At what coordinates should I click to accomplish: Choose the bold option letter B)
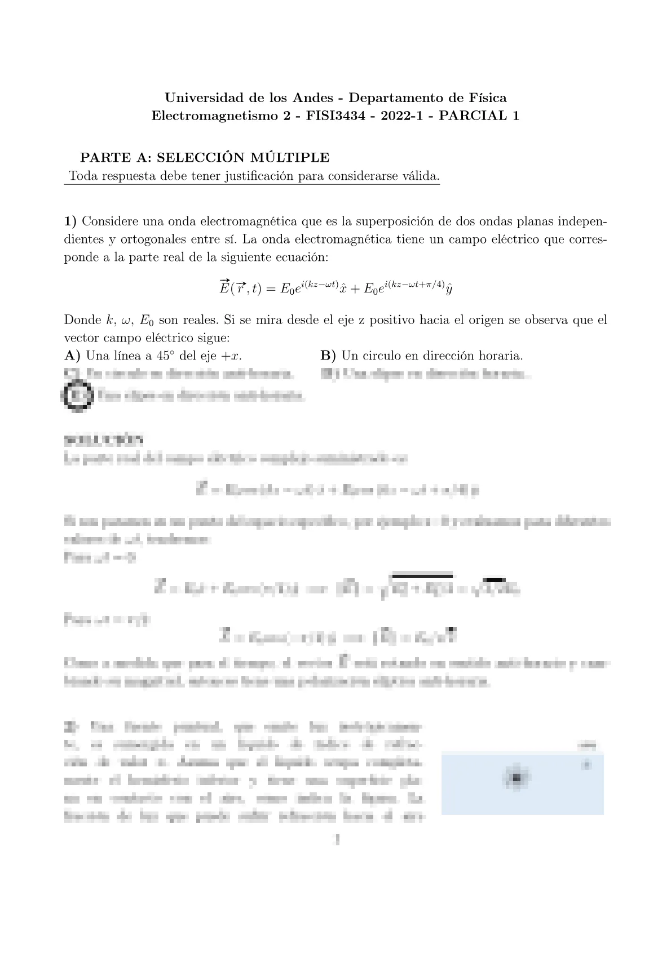[328, 356]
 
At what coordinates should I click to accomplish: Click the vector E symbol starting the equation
[223, 288]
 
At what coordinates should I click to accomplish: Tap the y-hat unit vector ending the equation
[448, 290]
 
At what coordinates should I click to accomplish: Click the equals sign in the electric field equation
[268, 289]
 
